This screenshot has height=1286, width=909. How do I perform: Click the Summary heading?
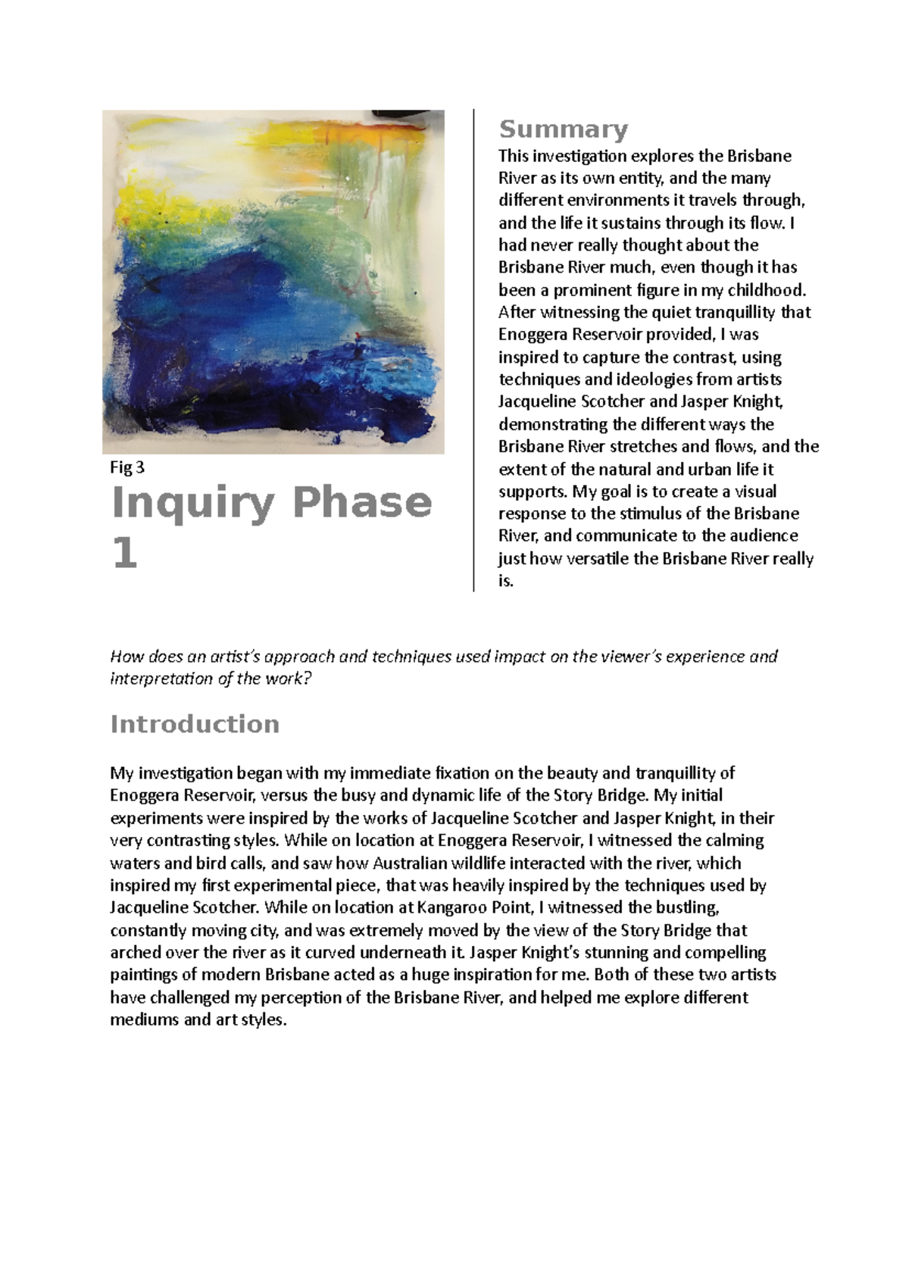click(563, 130)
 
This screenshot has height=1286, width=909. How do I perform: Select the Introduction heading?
click(195, 724)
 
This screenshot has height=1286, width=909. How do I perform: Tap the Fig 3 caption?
click(127, 467)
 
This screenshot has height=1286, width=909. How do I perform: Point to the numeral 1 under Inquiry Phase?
click(124, 554)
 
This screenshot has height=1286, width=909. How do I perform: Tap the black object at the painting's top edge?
click(406, 114)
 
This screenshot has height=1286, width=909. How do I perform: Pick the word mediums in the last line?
click(143, 1019)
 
